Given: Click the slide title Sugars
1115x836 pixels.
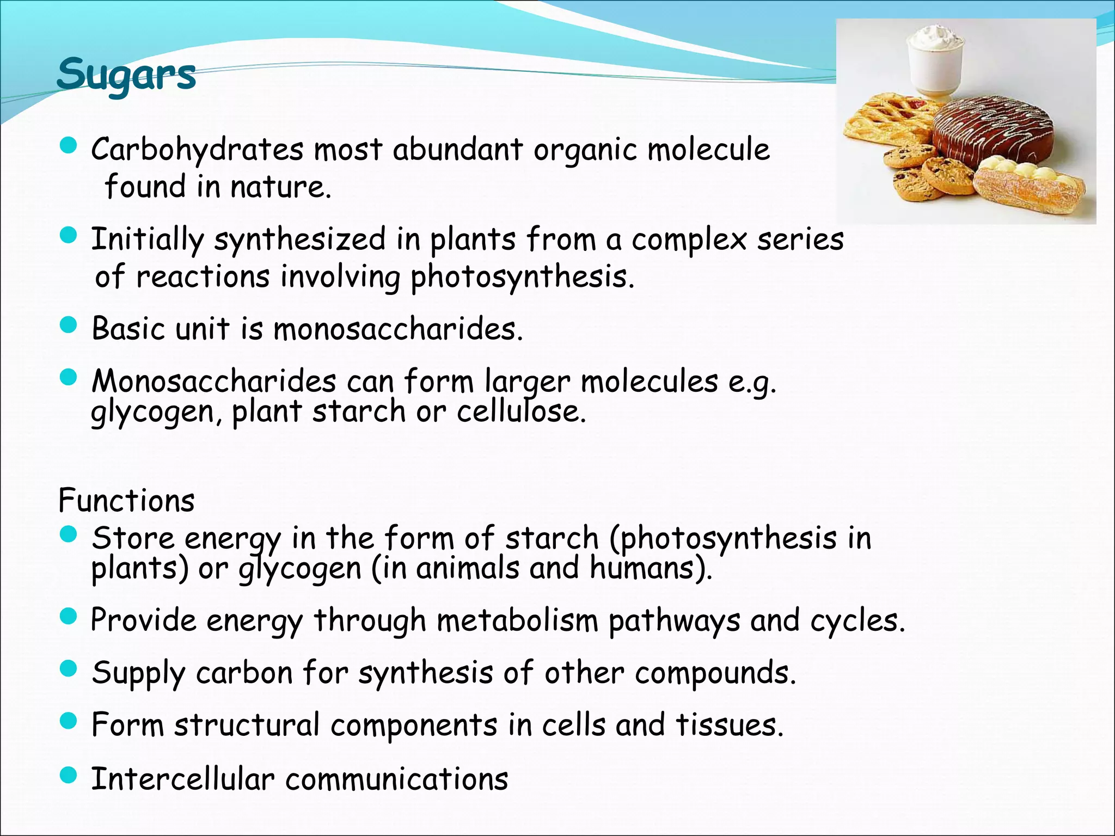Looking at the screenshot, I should click(x=126, y=75).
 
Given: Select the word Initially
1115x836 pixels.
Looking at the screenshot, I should click(x=147, y=239).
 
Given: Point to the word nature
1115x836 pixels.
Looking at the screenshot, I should click(x=280, y=187).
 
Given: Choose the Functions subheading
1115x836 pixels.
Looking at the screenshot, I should click(x=126, y=501).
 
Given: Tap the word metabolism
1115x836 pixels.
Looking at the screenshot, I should click(x=517, y=620).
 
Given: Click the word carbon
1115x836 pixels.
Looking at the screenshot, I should click(x=244, y=673).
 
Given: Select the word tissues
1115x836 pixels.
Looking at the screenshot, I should click(x=730, y=725).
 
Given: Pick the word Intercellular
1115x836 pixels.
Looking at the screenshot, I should click(x=183, y=778).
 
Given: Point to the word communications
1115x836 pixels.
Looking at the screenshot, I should click(x=397, y=778).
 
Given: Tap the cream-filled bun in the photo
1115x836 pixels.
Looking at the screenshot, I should click(x=1029, y=185).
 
